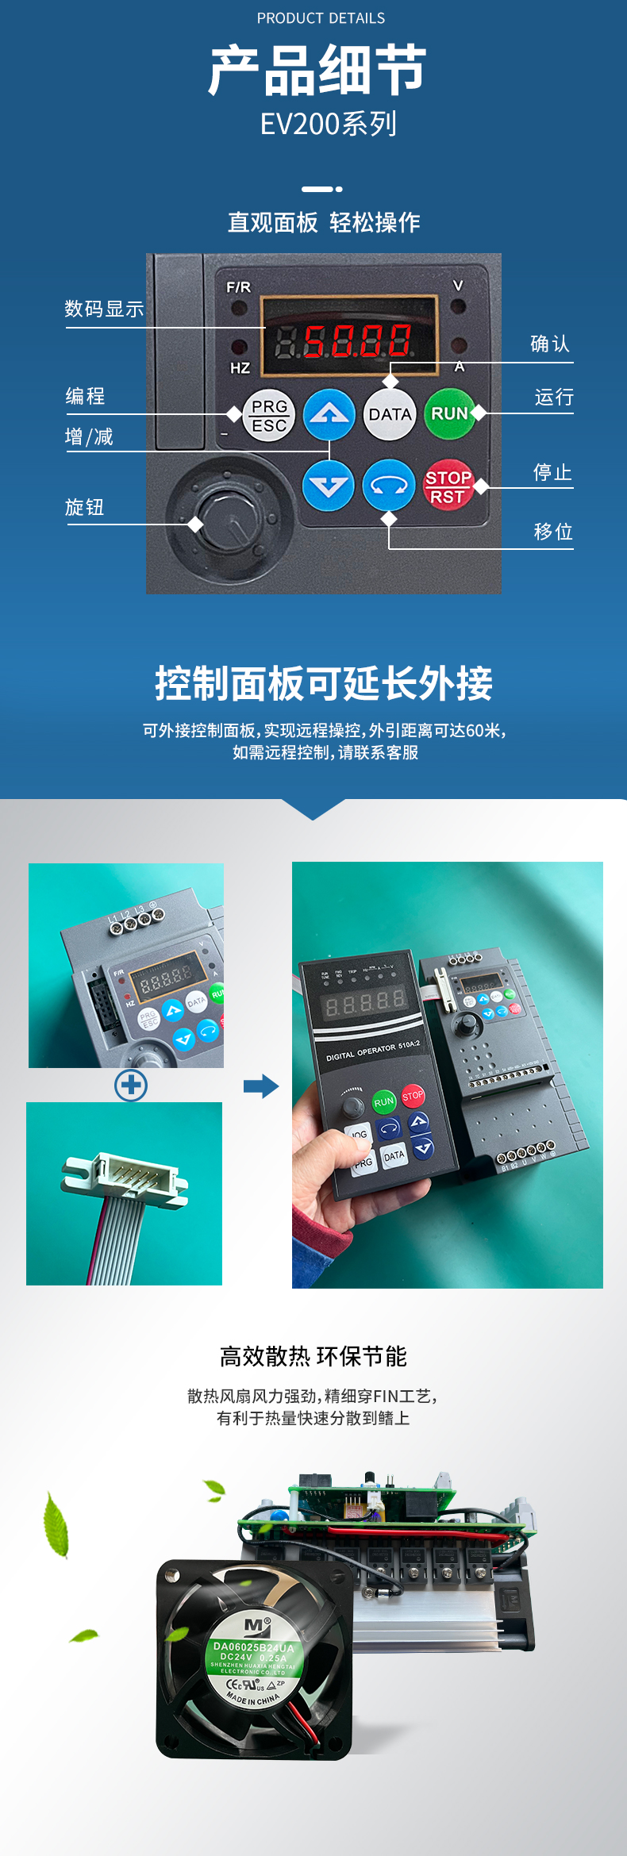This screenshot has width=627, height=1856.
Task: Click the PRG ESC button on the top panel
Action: pyautogui.click(x=269, y=415)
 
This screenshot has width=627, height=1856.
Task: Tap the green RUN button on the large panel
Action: pyautogui.click(x=448, y=413)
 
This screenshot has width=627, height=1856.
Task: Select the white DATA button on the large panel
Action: pyautogui.click(x=390, y=414)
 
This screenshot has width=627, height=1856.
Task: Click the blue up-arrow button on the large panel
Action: pyautogui.click(x=329, y=414)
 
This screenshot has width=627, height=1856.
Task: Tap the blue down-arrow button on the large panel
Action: pyautogui.click(x=328, y=484)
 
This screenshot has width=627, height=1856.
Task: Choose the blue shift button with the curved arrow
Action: pyautogui.click(x=389, y=485)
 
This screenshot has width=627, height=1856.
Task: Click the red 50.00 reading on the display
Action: pyautogui.click(x=358, y=341)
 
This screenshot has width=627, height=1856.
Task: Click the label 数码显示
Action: pyautogui.click(x=104, y=309)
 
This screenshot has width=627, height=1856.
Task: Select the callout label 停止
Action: pyautogui.click(x=552, y=473)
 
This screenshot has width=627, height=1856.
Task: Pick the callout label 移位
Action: pyautogui.click(x=553, y=532)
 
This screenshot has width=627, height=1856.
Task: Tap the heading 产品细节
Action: pyautogui.click(x=317, y=71)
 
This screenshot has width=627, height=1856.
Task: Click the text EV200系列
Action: pyautogui.click(x=329, y=124)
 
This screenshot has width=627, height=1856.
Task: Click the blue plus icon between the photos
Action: pyautogui.click(x=131, y=1085)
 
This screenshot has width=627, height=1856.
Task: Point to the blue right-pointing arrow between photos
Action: pyautogui.click(x=261, y=1086)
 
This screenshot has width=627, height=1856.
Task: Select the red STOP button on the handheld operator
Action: pyautogui.click(x=413, y=1096)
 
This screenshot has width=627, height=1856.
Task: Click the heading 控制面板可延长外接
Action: pyautogui.click(x=323, y=683)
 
